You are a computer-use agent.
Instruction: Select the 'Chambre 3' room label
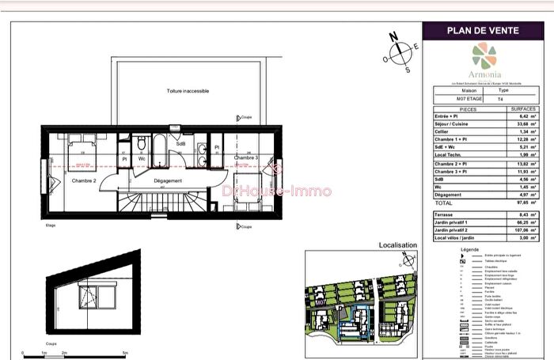coord(246,158)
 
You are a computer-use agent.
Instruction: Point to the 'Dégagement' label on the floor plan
coord(167,181)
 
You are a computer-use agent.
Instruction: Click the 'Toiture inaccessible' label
coord(188,91)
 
